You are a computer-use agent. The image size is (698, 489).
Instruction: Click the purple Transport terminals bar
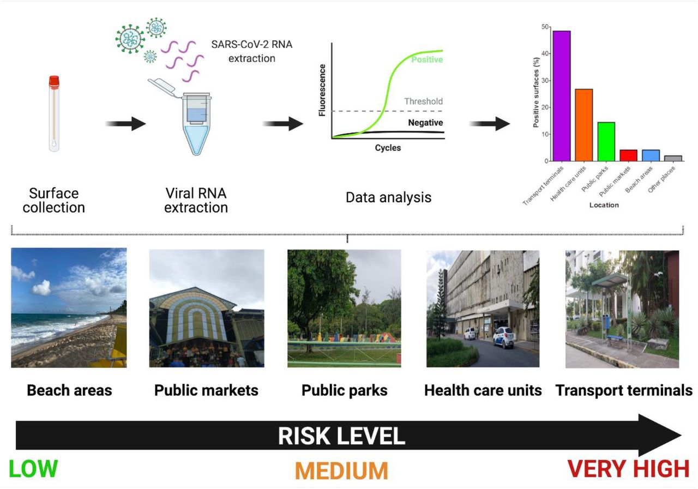(562, 96)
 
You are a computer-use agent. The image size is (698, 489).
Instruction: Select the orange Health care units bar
(583, 125)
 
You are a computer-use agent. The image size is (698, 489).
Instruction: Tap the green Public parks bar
(606, 141)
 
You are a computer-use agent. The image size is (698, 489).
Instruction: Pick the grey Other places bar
(673, 158)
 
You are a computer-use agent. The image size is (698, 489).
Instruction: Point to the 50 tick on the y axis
(545, 27)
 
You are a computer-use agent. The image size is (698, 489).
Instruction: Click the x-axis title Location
(604, 205)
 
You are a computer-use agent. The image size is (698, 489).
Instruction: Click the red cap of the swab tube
(54, 81)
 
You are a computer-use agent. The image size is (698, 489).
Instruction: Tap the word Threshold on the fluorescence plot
(424, 101)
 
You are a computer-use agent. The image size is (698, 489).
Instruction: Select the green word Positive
(427, 59)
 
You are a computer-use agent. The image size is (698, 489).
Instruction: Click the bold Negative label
(425, 123)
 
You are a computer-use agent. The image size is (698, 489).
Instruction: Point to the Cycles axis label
(388, 148)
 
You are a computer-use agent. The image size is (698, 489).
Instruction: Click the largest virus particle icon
(130, 39)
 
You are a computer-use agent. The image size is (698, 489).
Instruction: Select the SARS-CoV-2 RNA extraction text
(252, 51)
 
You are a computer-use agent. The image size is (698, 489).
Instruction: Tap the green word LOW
(33, 468)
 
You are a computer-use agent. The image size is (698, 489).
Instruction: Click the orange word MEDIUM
(341, 470)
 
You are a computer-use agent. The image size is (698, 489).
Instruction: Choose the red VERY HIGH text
(628, 468)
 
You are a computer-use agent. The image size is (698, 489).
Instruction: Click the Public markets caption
(206, 390)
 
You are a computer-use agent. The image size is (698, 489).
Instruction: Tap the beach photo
(69, 307)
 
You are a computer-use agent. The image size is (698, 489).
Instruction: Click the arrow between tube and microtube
(125, 124)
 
